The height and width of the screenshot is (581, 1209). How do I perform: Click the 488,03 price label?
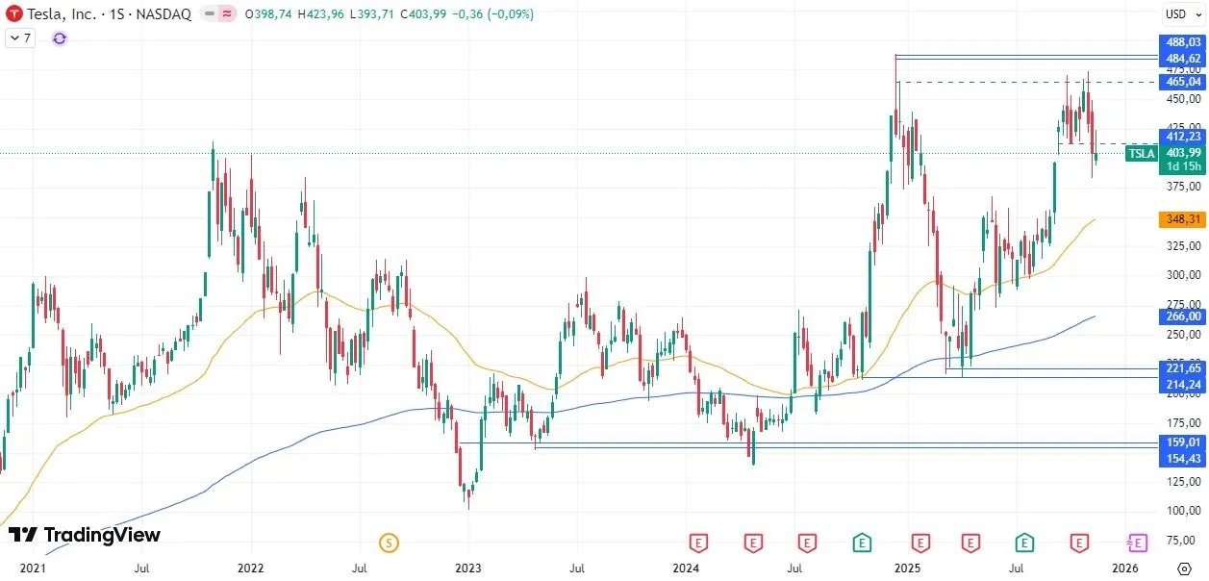[x=1183, y=42]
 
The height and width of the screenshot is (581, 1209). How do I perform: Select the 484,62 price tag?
[x=1183, y=58]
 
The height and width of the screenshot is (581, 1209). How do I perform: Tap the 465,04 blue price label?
[x=1183, y=82]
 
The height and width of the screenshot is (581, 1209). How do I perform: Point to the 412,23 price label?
[x=1183, y=137]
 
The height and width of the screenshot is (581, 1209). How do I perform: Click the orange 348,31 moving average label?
[x=1183, y=219]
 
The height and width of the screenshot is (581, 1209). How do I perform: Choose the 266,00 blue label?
[x=1183, y=316]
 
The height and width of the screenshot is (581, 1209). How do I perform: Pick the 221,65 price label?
[x=1183, y=368]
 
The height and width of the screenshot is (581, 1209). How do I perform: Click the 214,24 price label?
[x=1183, y=384]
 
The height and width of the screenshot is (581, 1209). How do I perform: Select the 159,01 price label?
[x=1183, y=442]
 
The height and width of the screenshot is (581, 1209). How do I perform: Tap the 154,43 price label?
[x=1183, y=458]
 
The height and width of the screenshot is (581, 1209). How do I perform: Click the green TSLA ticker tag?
[x=1141, y=153]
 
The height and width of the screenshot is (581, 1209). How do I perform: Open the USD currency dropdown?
[x=1180, y=13]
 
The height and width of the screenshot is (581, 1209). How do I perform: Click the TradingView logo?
[x=84, y=535]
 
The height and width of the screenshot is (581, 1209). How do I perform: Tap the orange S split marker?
[x=389, y=543]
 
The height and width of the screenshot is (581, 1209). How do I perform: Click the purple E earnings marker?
[x=1138, y=543]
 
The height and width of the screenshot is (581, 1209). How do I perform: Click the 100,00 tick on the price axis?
[x=1183, y=511]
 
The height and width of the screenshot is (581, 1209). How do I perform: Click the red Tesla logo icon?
[x=13, y=14]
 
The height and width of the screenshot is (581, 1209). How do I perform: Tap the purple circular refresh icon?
[x=60, y=38]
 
